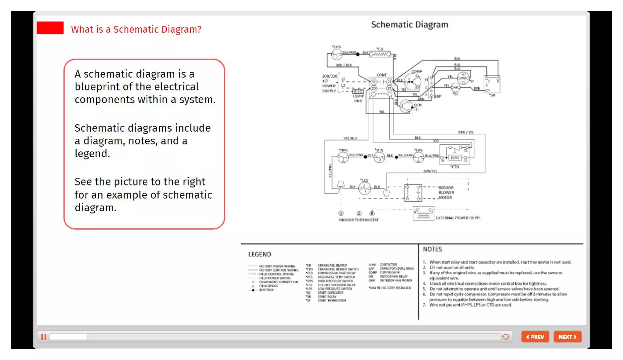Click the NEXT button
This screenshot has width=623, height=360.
click(x=567, y=337)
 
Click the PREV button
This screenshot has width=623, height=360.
click(x=535, y=337)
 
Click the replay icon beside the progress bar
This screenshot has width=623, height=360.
click(x=506, y=337)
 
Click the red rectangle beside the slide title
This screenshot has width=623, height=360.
click(x=50, y=28)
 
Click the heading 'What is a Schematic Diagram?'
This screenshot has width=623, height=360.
click(x=136, y=29)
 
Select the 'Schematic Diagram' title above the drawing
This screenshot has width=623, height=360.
click(x=409, y=25)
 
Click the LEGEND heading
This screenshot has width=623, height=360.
click(x=259, y=254)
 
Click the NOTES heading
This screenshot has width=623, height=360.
click(x=432, y=249)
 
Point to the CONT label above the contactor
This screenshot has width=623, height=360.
click(x=381, y=75)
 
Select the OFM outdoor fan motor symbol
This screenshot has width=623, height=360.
click(x=406, y=106)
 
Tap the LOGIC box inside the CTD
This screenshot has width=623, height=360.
click(x=455, y=157)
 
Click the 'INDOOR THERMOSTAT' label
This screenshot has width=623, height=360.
click(x=359, y=220)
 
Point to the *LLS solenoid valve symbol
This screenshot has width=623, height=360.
click(x=364, y=188)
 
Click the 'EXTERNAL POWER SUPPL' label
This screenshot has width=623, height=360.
click(x=458, y=218)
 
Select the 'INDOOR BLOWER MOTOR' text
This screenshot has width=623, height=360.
click(x=446, y=192)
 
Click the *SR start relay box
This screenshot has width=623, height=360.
click(x=492, y=85)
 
